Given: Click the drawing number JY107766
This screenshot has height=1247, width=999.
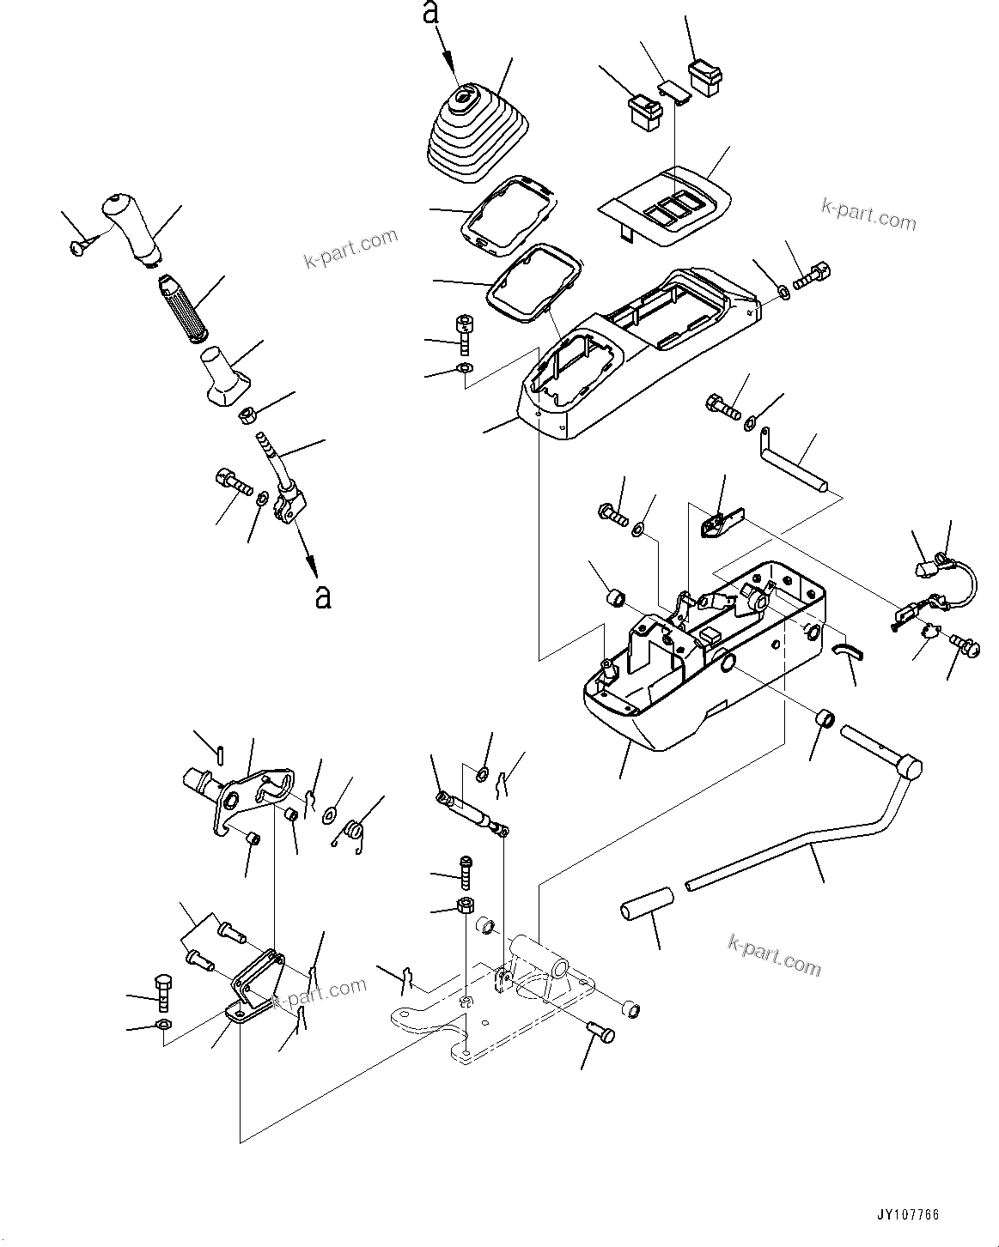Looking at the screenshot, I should (x=908, y=1214).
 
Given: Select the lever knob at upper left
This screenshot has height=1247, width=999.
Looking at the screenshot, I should (x=131, y=227).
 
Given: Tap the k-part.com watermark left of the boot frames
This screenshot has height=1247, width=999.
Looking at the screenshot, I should (x=351, y=248).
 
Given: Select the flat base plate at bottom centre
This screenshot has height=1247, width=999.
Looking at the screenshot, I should (x=481, y=1017).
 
